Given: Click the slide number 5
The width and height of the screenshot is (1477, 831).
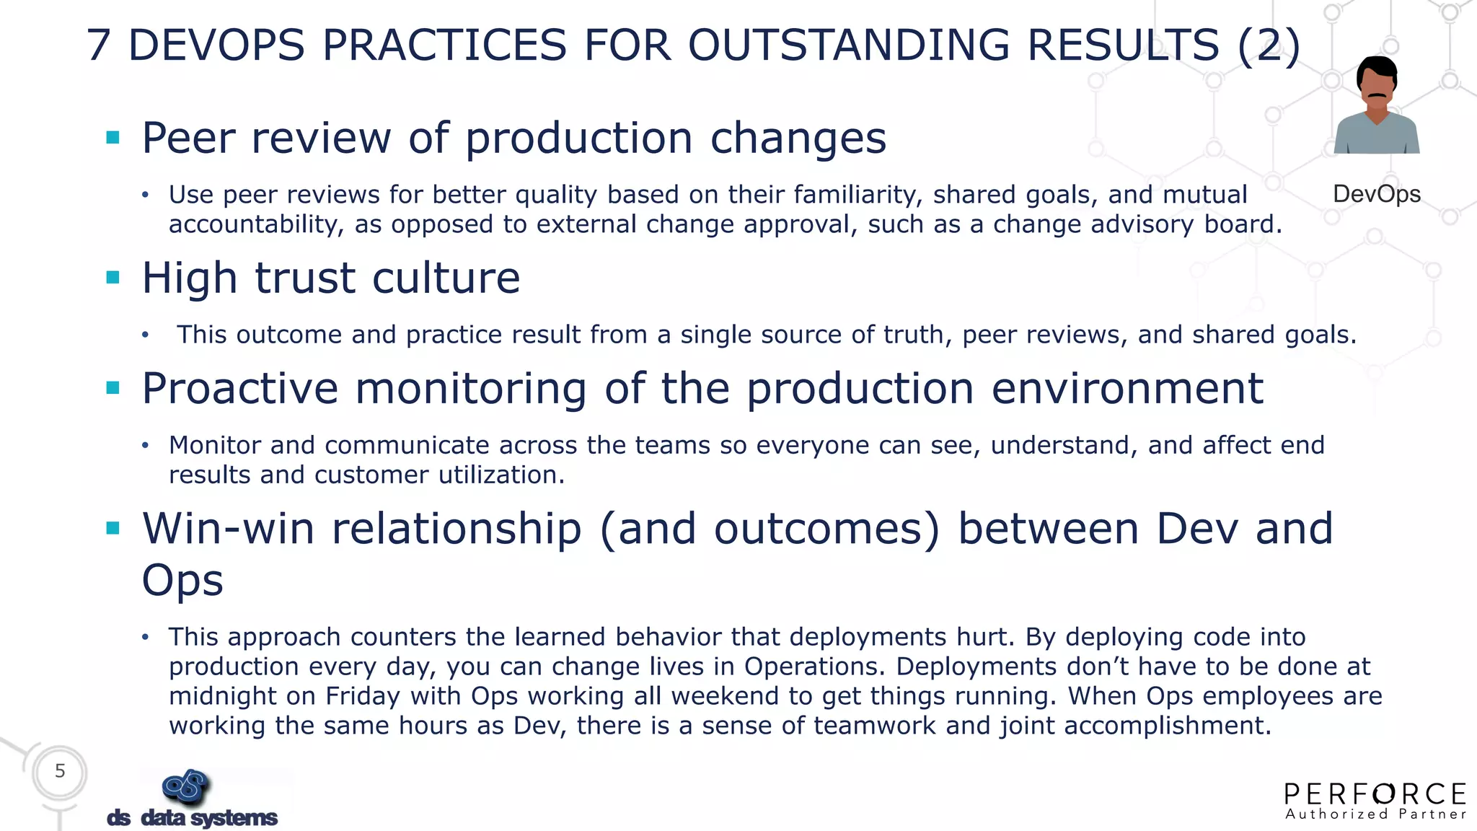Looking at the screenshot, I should click(60, 771).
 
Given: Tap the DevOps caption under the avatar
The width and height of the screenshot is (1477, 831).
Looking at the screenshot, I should click(1376, 194).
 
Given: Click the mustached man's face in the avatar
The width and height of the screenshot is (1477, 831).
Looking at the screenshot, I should click(1376, 87).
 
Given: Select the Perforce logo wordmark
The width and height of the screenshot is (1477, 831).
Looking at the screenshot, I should click(1375, 794).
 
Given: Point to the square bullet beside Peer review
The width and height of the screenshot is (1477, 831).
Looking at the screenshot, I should click(113, 137).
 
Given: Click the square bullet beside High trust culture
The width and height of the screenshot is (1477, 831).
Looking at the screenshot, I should click(113, 278).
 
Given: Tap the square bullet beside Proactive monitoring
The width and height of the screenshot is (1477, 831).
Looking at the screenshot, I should click(113, 388).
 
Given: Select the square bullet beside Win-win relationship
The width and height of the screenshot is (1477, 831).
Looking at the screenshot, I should click(113, 528).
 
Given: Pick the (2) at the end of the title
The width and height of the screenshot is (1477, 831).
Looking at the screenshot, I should click(1269, 45).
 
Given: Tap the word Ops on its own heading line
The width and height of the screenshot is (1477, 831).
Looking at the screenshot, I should click(182, 580).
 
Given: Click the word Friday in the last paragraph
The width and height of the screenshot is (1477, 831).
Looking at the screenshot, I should click(362, 696).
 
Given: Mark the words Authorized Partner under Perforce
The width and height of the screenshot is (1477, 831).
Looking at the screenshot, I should click(1375, 814).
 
